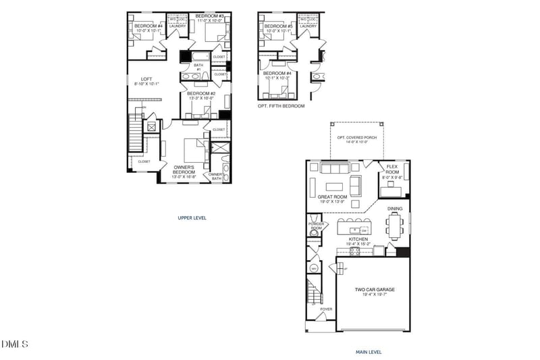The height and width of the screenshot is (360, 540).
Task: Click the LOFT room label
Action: pos(136,79)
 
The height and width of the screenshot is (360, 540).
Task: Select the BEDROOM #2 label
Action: pos(200,94)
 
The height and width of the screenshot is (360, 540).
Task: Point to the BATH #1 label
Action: pos(198,67)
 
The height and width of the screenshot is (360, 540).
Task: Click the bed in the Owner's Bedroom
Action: pos(195,147)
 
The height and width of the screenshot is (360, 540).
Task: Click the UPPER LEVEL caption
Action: pos(192,218)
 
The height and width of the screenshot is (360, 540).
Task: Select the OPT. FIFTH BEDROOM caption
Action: pos(281,106)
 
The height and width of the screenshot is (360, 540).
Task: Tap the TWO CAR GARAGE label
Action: pos(375,290)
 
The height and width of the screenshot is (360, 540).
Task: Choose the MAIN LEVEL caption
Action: pos(369,352)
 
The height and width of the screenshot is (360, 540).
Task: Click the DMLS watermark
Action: pos(15,344)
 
